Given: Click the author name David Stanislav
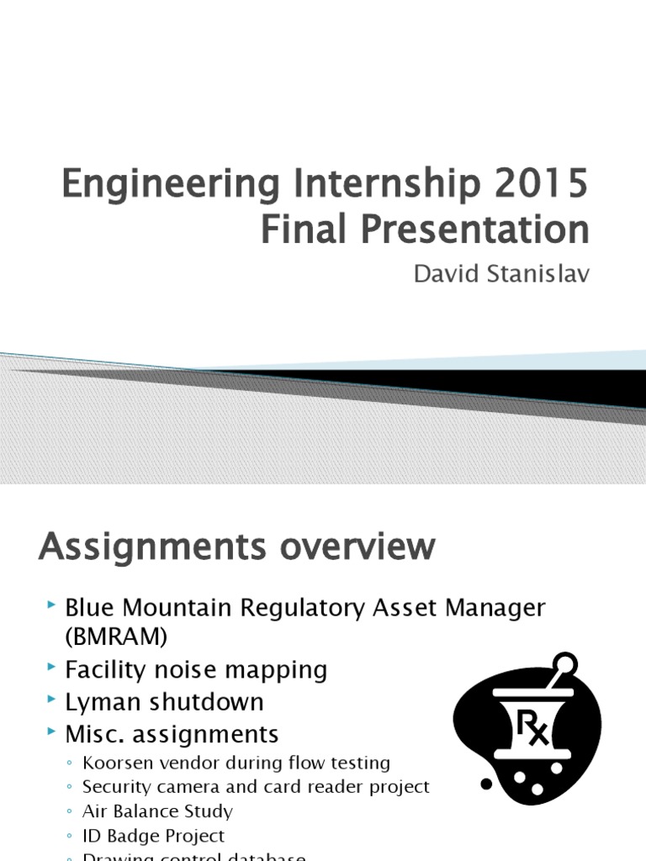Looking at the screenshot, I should (495, 276).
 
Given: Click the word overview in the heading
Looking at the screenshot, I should (353, 547).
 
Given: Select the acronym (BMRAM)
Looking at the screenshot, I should (116, 637).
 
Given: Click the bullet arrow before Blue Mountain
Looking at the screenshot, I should (52, 605).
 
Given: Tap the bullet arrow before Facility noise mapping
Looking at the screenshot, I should (52, 669).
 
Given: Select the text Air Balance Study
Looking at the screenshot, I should (157, 811).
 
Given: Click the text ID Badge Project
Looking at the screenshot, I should (153, 836).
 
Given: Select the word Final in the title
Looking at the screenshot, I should (296, 230).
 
